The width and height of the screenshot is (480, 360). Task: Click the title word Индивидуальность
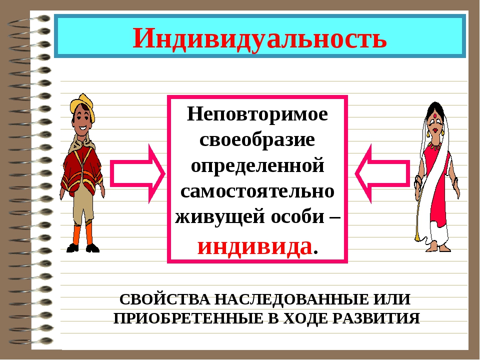pos(259,38)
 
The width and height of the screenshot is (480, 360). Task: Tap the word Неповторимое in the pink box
pos(257,114)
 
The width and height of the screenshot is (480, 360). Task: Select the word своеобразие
pos(257,139)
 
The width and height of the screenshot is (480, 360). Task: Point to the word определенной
pos(257,166)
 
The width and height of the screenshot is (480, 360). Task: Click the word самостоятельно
pos(257,191)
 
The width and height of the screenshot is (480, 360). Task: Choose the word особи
pos(297,216)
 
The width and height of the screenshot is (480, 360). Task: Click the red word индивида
pos(254,246)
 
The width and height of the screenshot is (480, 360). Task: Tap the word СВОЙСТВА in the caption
pos(164,299)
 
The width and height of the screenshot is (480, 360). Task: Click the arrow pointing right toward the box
pos(137,173)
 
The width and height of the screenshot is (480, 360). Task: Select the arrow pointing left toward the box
pos(382,173)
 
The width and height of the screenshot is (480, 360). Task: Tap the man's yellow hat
pos(82,105)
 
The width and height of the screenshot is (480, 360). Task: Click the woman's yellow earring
pos(442,132)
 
